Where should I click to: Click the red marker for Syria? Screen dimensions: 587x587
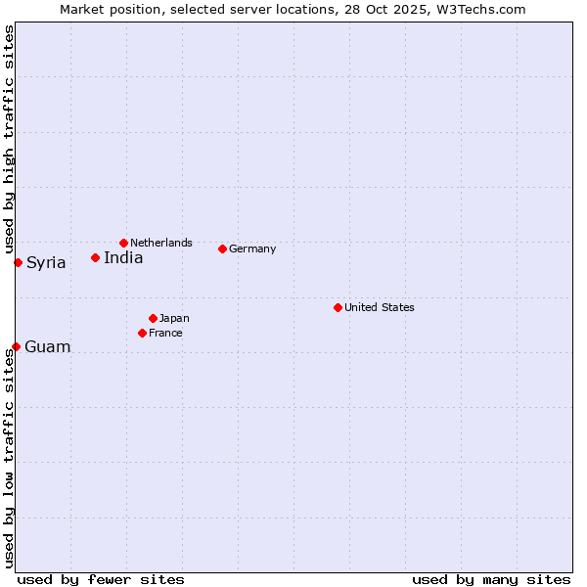pyautogui.click(x=18, y=262)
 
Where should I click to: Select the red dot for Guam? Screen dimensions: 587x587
pyautogui.click(x=16, y=346)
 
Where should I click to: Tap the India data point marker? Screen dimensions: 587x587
pyautogui.click(x=95, y=257)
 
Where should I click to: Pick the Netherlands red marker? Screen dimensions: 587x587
pyautogui.click(x=123, y=243)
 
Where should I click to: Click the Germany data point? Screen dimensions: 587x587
pyautogui.click(x=222, y=248)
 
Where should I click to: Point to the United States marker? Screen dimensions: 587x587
pyautogui.click(x=338, y=307)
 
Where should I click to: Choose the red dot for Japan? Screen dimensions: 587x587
pyautogui.click(x=153, y=318)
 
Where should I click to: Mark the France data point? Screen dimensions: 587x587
pyautogui.click(x=142, y=333)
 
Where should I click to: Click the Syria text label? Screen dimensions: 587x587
pyautogui.click(x=46, y=263)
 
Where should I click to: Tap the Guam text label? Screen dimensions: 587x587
pyautogui.click(x=47, y=347)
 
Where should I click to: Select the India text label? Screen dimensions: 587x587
pyautogui.click(x=123, y=258)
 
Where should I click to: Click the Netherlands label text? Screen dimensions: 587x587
pyautogui.click(x=161, y=243)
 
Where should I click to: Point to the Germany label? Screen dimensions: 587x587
pyautogui.click(x=252, y=248)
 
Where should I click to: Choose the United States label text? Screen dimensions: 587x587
pyautogui.click(x=380, y=307)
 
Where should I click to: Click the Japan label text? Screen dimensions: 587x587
pyautogui.click(x=174, y=318)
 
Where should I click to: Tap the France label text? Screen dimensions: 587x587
pyautogui.click(x=165, y=333)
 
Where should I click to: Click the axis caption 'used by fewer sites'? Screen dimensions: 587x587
pyautogui.click(x=101, y=579)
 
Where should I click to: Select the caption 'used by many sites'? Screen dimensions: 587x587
pyautogui.click(x=491, y=579)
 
